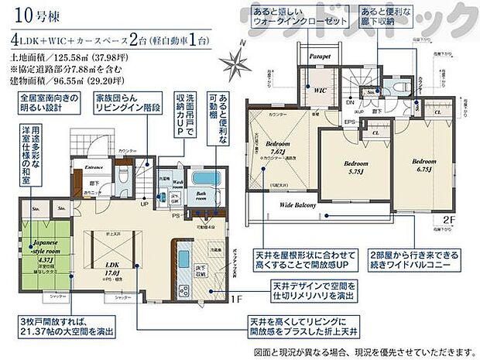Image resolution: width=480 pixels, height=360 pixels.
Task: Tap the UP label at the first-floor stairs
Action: coord(144,204)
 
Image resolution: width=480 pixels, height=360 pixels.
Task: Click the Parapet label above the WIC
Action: coord(320,57)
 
